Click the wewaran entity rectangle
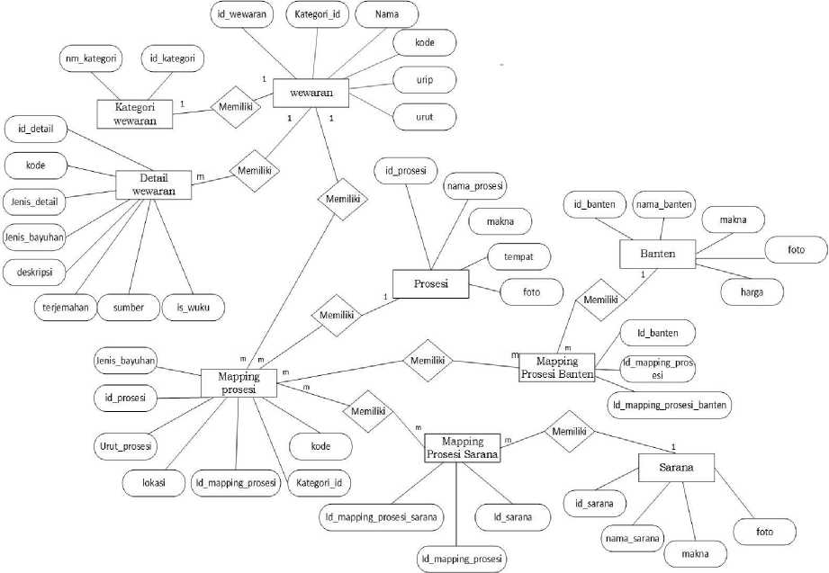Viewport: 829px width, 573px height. point(311,94)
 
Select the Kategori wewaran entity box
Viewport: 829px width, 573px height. point(135,114)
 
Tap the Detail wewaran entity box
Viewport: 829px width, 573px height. point(154,184)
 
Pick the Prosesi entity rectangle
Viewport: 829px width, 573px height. point(432,284)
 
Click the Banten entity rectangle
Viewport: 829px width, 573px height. point(659,255)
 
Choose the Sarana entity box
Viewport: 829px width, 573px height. point(675,468)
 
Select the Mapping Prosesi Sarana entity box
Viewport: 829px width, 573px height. point(463,448)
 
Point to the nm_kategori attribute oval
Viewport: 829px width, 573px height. point(91,59)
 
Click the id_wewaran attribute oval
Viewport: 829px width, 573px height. point(240,15)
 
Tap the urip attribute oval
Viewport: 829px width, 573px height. point(425,81)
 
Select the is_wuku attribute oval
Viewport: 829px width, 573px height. point(194,307)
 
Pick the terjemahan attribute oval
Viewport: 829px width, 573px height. point(64,307)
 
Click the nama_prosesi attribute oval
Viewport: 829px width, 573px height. point(475,186)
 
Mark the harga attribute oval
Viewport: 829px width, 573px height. point(752,291)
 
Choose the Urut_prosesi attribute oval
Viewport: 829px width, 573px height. point(125,444)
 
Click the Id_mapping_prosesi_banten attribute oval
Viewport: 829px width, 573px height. point(669,405)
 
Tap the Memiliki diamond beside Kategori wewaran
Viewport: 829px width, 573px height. point(236,106)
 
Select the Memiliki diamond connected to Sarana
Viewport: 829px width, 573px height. point(569,433)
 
